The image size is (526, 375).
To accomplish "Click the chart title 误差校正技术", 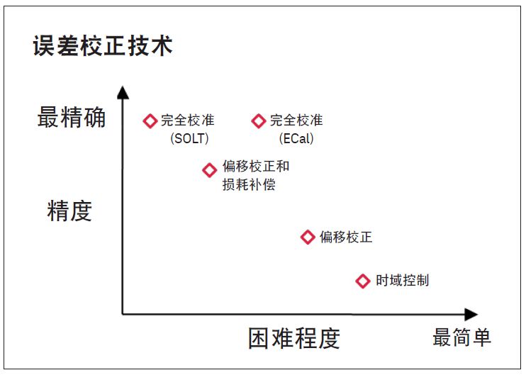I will click(x=103, y=47).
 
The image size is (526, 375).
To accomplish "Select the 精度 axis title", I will click(x=69, y=211).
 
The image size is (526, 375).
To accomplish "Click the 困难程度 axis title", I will click(x=293, y=338).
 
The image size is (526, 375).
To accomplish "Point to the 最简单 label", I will click(x=461, y=337).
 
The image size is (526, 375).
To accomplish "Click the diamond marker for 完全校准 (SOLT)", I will click(x=150, y=121).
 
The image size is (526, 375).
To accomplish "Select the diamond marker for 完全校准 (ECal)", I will click(x=259, y=121).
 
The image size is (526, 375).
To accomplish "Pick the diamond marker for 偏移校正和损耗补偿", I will click(x=209, y=170).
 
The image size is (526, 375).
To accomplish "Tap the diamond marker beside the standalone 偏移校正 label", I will click(x=308, y=237).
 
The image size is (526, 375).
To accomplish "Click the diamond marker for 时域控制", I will click(x=362, y=281).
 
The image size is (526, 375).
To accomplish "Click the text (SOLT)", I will click(x=190, y=138).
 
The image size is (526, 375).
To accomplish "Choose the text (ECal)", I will click(x=296, y=138).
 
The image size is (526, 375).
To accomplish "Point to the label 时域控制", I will click(x=402, y=280).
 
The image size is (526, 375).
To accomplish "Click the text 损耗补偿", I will click(x=249, y=185).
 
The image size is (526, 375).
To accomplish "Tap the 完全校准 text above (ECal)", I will click(x=296, y=121).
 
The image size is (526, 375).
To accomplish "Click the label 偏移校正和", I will click(x=256, y=167).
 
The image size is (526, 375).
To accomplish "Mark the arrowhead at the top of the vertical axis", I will click(x=123, y=92).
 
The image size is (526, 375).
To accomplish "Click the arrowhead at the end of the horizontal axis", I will click(x=471, y=314).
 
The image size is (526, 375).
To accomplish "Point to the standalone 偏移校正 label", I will click(x=345, y=237).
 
